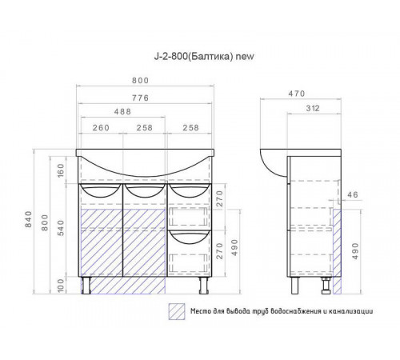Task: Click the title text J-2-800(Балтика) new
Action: [204, 57]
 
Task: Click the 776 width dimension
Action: [141, 98]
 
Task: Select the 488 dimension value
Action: [122, 111]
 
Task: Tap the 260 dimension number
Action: [101, 128]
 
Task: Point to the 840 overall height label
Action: [28, 219]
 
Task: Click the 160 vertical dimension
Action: [61, 170]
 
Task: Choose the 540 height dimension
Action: [61, 228]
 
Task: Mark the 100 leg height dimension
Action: [61, 285]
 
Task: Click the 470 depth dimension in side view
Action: [297, 94]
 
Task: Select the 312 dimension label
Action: [313, 108]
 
